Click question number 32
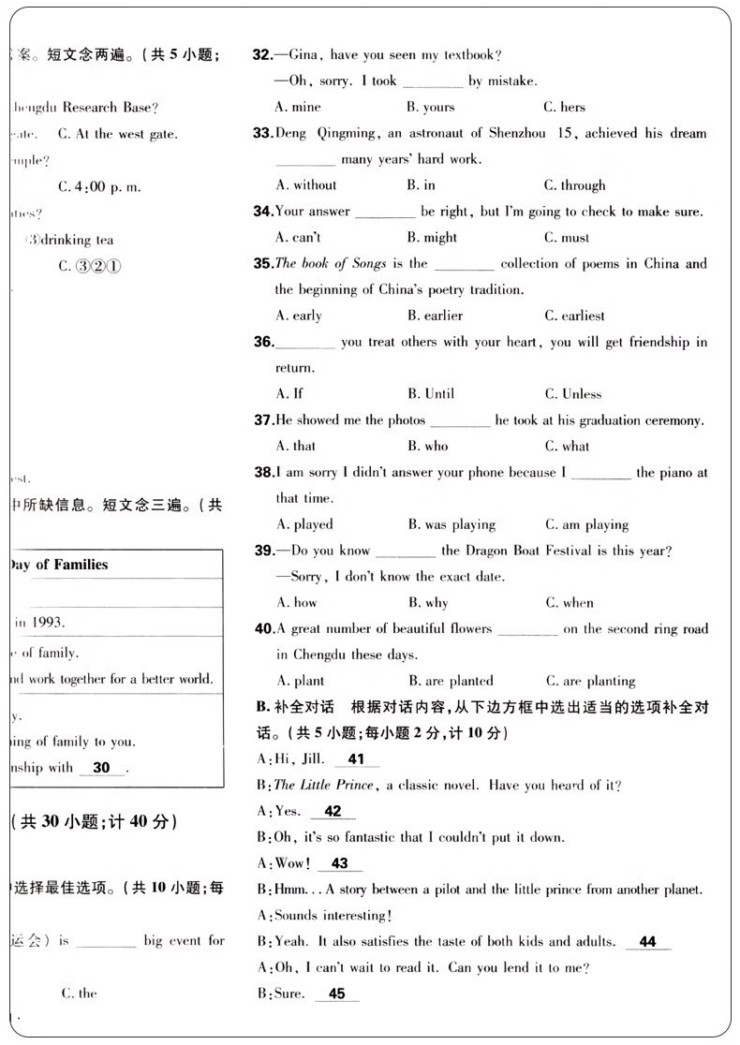tap(262, 55)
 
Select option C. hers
tap(564, 108)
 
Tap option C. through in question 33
tap(574, 185)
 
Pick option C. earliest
tap(574, 316)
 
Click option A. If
tap(289, 393)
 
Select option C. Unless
tap(572, 394)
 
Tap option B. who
tap(428, 447)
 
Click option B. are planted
tap(451, 681)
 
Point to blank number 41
tap(356, 759)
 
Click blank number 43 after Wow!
tap(339, 863)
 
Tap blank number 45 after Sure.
tap(337, 993)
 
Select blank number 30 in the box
tap(102, 768)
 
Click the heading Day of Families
tap(58, 565)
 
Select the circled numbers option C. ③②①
tap(90, 266)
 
